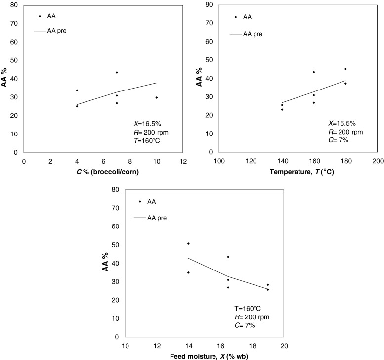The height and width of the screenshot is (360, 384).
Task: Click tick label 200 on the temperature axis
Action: coord(378,162)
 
